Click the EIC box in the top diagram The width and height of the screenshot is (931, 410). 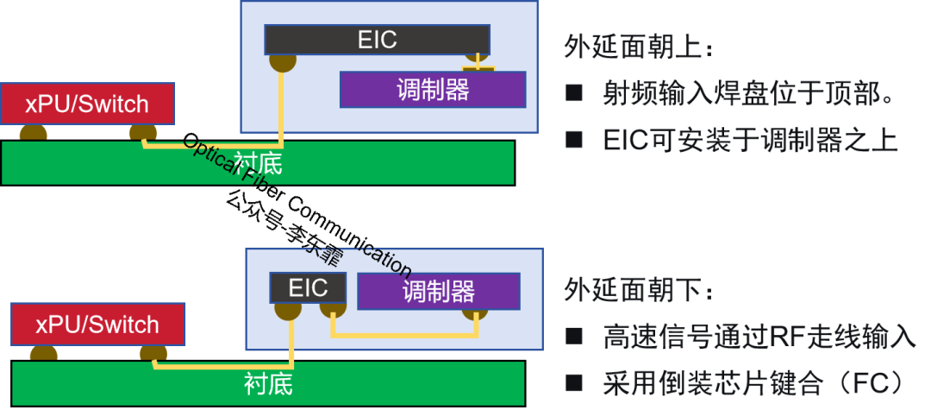(377, 40)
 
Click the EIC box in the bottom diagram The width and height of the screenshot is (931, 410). (308, 288)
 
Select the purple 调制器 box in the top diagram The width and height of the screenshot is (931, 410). (433, 89)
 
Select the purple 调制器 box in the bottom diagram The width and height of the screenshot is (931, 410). (439, 291)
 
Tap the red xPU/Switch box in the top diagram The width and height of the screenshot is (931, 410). (87, 104)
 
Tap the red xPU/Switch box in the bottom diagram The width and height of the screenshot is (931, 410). (97, 325)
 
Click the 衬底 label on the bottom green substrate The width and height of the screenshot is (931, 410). (268, 383)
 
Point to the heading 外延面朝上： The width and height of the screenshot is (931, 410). (639, 47)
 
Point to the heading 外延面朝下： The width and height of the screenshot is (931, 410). (639, 291)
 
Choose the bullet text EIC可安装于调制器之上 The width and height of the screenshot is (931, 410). (751, 140)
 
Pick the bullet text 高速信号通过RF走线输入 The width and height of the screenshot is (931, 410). (759, 337)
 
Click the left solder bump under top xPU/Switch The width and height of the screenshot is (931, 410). (34, 132)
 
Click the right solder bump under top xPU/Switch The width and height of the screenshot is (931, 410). (143, 132)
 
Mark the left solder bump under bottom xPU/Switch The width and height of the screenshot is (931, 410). (44, 352)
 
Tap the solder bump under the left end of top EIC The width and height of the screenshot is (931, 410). (282, 62)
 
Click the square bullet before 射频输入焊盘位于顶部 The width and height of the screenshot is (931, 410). (573, 94)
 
